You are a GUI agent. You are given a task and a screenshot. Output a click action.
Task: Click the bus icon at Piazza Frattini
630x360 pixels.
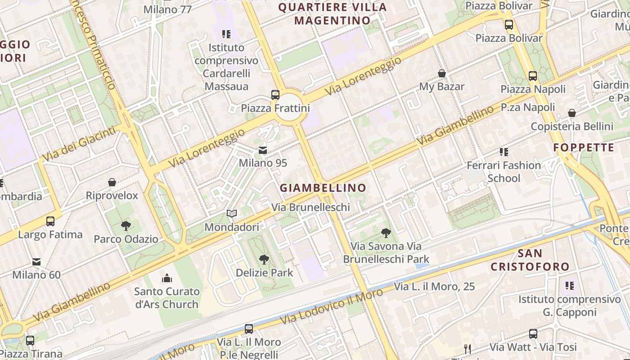(x=275, y=95)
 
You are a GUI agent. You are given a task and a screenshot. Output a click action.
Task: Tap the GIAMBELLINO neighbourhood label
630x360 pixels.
(x=323, y=188)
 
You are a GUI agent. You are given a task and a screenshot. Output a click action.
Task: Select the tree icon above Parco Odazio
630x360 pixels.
(x=126, y=226)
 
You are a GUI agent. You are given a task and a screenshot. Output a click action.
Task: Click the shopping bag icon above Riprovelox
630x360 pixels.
(x=112, y=182)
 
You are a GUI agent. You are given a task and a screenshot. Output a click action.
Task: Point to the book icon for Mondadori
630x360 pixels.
(x=232, y=214)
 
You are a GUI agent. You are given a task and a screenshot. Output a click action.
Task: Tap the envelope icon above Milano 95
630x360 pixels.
(x=263, y=150)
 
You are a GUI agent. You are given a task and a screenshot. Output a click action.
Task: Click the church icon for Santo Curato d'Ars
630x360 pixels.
(x=167, y=278)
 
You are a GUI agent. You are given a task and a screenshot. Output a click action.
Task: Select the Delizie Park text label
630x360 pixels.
(x=264, y=273)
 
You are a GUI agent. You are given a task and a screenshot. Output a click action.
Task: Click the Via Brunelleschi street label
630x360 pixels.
(x=310, y=207)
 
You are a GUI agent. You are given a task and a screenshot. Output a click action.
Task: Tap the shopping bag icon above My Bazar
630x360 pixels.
(x=442, y=73)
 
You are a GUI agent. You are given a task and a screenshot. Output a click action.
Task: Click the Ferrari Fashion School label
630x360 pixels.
(x=504, y=172)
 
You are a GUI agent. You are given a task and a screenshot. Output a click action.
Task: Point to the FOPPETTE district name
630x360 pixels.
(x=584, y=148)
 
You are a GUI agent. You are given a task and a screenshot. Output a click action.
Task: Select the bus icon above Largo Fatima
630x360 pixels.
(x=50, y=221)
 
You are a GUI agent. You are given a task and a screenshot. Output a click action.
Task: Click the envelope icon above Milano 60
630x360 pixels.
(x=36, y=261)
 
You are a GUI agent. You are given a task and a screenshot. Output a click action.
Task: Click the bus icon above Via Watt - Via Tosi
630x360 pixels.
(x=533, y=334)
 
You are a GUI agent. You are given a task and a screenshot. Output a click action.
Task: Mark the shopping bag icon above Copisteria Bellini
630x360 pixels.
(x=572, y=113)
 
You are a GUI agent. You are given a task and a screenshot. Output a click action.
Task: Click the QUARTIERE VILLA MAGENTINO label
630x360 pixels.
(x=333, y=13)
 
